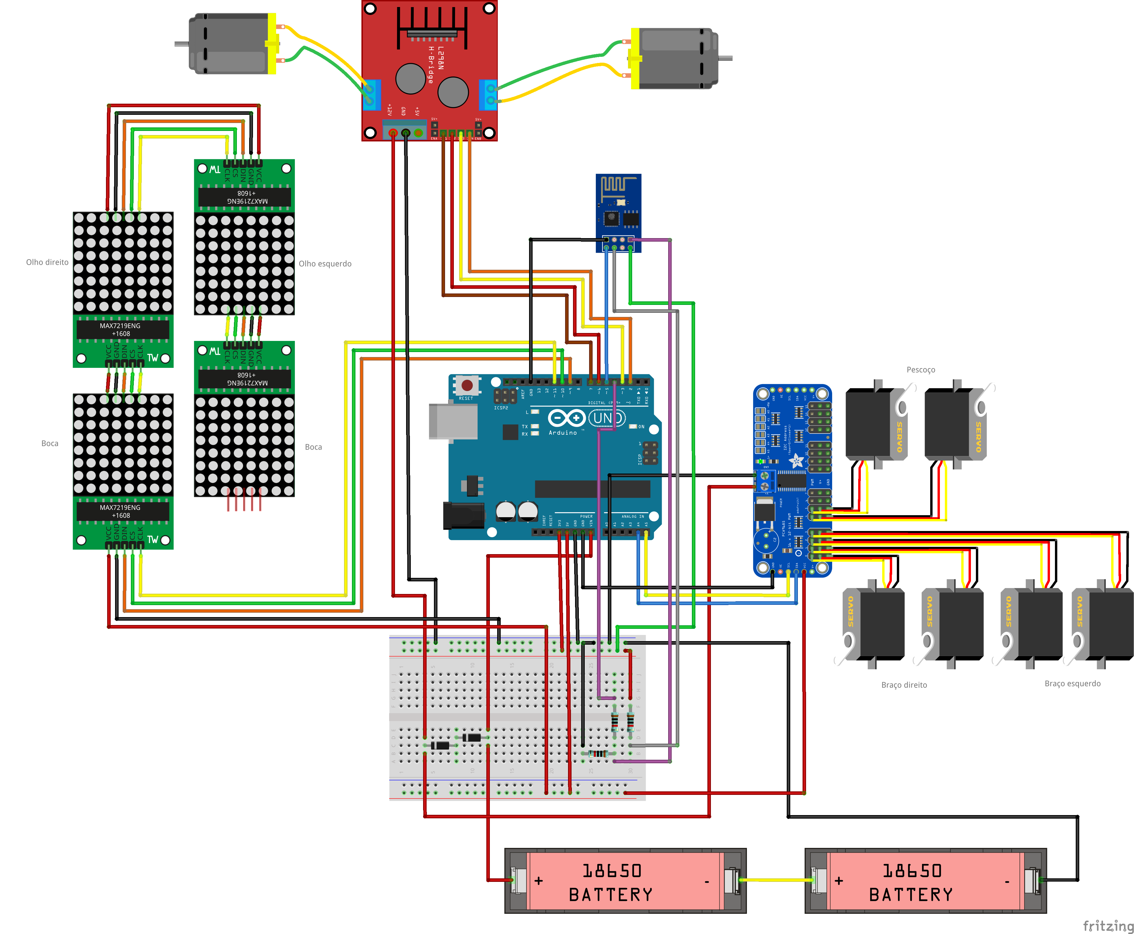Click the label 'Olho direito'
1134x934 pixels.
(47, 262)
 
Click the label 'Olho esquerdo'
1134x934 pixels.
(325, 264)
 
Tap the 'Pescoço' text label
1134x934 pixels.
(921, 370)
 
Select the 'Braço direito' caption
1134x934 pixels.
(904, 685)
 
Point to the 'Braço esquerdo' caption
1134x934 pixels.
(1072, 683)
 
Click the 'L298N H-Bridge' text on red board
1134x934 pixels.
(436, 64)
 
